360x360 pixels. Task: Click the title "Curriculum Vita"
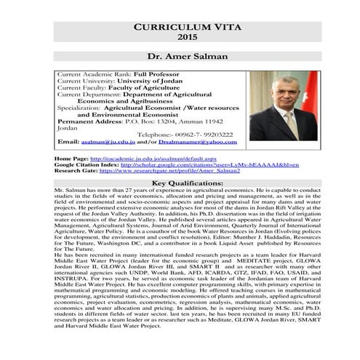(x=180, y=26)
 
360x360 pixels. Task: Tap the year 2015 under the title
(x=180, y=37)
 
